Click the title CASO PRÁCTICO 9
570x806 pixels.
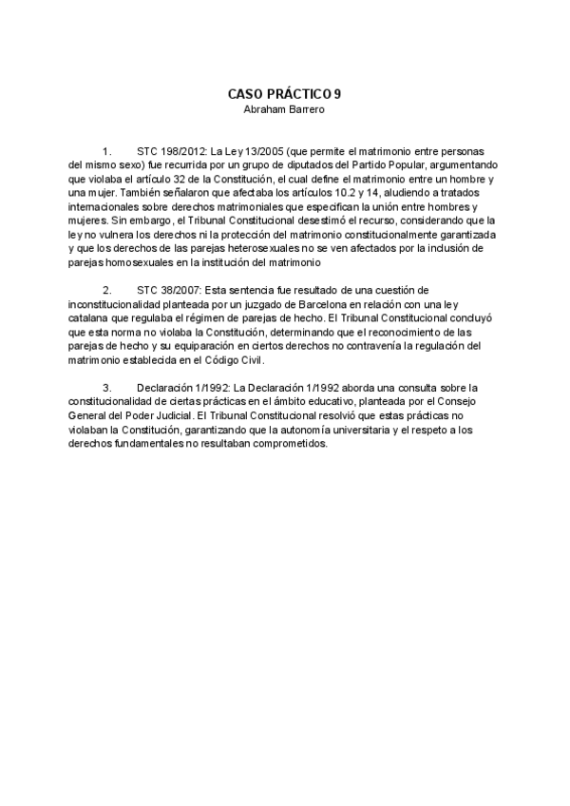click(x=284, y=94)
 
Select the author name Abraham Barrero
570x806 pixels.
click(x=284, y=108)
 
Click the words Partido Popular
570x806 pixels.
click(x=403, y=165)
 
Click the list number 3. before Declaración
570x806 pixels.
click(x=106, y=386)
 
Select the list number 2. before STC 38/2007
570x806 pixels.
click(x=106, y=289)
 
